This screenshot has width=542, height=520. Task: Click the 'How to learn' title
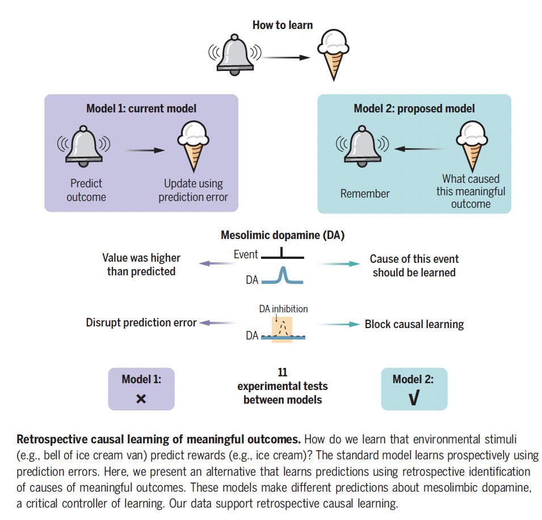tap(283, 25)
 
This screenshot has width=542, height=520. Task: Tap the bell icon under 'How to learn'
tap(235, 54)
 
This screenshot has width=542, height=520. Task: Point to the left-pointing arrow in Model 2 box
tap(419, 149)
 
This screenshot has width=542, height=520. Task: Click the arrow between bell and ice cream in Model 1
tap(145, 150)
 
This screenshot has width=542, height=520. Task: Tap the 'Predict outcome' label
tap(86, 190)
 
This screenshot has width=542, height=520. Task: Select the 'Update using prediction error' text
tap(193, 190)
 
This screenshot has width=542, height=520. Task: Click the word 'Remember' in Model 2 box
tap(365, 194)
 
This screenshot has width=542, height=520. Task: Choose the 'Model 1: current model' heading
tap(141, 108)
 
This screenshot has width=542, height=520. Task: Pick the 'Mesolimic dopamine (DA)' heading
tap(283, 235)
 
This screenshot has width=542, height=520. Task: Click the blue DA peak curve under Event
tap(283, 275)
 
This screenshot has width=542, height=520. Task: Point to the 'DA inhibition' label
tap(283, 309)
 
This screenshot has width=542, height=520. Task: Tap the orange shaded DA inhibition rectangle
tap(282, 329)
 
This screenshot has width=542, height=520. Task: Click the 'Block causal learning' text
tap(414, 324)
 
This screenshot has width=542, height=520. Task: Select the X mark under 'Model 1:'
tap(141, 399)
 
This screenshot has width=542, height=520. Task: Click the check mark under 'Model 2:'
tap(414, 397)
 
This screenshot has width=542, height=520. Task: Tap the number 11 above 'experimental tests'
tap(283, 372)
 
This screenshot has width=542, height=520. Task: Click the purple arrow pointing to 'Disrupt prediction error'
tap(218, 323)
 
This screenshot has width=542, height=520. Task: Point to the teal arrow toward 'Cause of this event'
tap(339, 264)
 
